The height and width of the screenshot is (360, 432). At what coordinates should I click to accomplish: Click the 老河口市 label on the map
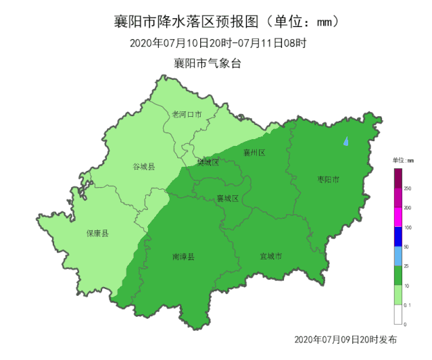point(187,114)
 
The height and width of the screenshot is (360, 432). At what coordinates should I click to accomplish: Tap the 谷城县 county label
point(143,166)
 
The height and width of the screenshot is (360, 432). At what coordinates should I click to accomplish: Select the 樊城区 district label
point(208,162)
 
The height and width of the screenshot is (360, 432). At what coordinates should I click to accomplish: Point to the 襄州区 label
point(254,153)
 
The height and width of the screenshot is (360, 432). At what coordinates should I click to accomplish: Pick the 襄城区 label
point(228,199)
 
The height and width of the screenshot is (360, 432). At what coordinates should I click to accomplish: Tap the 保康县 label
point(97,234)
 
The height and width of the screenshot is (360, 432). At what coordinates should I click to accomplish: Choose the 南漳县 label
point(183,257)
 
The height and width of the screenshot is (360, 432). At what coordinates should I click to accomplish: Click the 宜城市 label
point(271,257)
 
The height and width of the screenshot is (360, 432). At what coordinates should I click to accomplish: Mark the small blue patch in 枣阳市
point(346,142)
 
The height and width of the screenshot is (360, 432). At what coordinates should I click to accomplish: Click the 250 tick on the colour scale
point(407,188)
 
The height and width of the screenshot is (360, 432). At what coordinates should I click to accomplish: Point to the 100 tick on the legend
point(407,228)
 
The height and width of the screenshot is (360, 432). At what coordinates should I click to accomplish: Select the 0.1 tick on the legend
point(407,305)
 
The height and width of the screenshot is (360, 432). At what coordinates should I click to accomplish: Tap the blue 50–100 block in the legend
point(398,237)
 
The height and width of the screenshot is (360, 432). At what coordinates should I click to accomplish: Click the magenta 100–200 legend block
point(398,217)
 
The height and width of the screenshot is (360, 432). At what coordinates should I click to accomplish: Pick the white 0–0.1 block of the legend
point(398,315)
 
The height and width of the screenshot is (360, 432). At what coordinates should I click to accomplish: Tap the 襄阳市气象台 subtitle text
point(207,63)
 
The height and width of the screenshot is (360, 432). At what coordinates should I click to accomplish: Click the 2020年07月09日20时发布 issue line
point(345,338)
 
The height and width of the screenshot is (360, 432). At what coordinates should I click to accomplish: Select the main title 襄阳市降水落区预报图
point(191,22)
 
